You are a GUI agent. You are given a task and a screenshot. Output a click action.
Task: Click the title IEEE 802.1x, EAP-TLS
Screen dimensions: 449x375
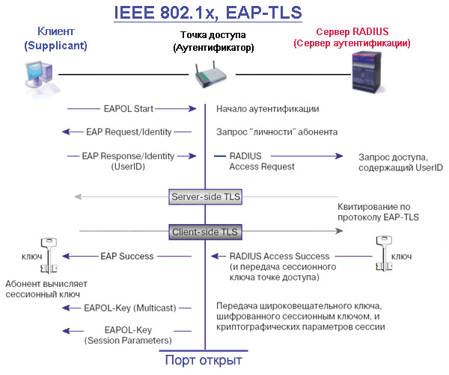pos(208,13)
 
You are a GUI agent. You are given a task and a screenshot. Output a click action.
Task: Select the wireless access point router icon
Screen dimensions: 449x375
pos(211,74)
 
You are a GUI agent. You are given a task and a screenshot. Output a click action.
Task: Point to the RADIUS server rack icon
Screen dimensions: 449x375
pos(367,72)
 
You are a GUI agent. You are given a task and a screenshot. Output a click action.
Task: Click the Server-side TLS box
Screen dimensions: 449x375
pos(205,196)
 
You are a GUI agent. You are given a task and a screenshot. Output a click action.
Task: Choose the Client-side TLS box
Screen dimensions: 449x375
pos(205,232)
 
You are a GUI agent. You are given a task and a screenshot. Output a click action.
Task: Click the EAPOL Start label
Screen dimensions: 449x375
pos(129,109)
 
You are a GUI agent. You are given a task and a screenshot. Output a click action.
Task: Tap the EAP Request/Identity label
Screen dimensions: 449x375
pos(129,131)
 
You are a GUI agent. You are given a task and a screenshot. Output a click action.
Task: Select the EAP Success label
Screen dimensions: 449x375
pos(127,256)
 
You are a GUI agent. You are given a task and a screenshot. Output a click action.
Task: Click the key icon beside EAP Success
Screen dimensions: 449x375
pos(49,255)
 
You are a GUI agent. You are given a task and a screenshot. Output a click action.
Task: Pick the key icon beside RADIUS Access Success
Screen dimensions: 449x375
pos(384,253)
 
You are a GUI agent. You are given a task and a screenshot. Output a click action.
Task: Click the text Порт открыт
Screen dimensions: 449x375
pos(204,360)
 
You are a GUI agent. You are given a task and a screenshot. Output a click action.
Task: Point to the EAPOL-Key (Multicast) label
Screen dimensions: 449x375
pos(130,308)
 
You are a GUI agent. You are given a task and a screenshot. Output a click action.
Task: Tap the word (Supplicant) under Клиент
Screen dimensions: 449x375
pos(55,46)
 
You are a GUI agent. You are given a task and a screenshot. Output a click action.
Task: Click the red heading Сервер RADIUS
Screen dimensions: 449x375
pos(352,31)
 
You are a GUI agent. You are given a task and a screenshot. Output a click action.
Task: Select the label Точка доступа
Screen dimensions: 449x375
pos(213,35)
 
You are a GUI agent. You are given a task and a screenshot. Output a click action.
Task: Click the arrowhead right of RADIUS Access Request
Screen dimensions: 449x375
pos(339,156)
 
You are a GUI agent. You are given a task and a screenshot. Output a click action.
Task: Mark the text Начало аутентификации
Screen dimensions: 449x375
pos(267,109)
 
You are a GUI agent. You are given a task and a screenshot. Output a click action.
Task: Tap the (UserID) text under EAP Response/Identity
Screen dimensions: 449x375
pos(128,167)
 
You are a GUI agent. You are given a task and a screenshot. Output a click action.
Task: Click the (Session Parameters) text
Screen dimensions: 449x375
pos(128,341)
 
